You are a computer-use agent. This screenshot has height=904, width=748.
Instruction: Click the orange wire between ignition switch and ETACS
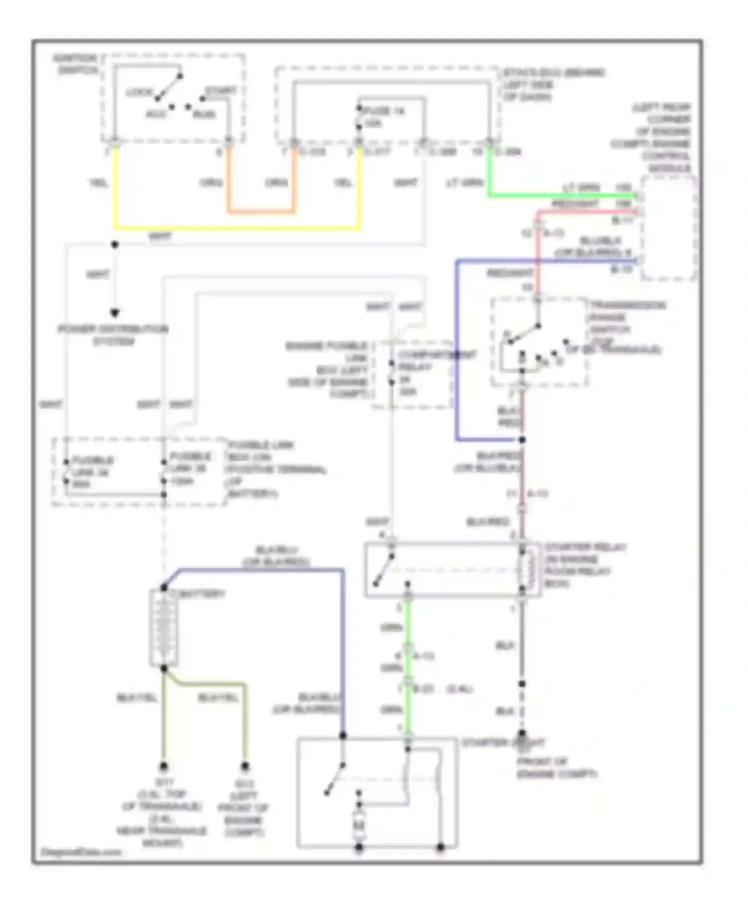(261, 212)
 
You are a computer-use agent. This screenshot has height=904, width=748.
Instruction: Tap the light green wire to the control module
(559, 195)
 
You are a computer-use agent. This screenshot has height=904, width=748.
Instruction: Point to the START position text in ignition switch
(220, 91)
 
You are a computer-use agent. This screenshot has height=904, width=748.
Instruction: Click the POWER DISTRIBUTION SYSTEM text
(113, 335)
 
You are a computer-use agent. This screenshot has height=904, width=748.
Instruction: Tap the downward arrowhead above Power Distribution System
(115, 313)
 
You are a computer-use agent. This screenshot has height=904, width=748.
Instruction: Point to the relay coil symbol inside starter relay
(526, 570)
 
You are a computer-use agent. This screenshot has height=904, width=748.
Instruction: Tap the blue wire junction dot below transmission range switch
(522, 440)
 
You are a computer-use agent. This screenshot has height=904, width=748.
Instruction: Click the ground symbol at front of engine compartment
(522, 743)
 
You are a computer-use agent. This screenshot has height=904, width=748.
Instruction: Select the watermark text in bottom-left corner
(80, 852)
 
